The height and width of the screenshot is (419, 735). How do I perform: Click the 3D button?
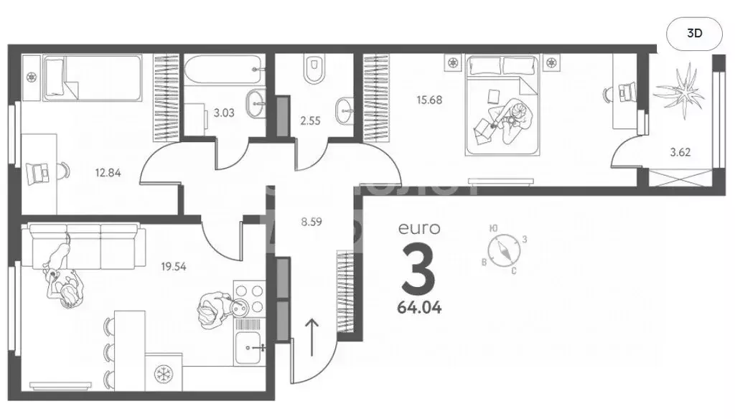pyautogui.click(x=694, y=33)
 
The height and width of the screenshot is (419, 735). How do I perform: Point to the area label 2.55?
pyautogui.click(x=310, y=121)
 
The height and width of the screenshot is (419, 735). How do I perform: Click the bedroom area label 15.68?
pyautogui.click(x=430, y=100)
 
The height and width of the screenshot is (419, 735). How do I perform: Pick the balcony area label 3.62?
pyautogui.click(x=680, y=152)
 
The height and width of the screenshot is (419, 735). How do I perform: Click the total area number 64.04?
pyautogui.click(x=420, y=309)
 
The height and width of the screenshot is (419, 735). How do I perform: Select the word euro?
pyautogui.click(x=418, y=230)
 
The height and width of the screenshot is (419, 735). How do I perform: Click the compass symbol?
pyautogui.click(x=506, y=248)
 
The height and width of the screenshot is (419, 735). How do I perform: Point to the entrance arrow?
pyautogui.click(x=313, y=336)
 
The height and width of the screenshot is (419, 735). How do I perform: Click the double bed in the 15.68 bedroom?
pyautogui.click(x=502, y=104)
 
